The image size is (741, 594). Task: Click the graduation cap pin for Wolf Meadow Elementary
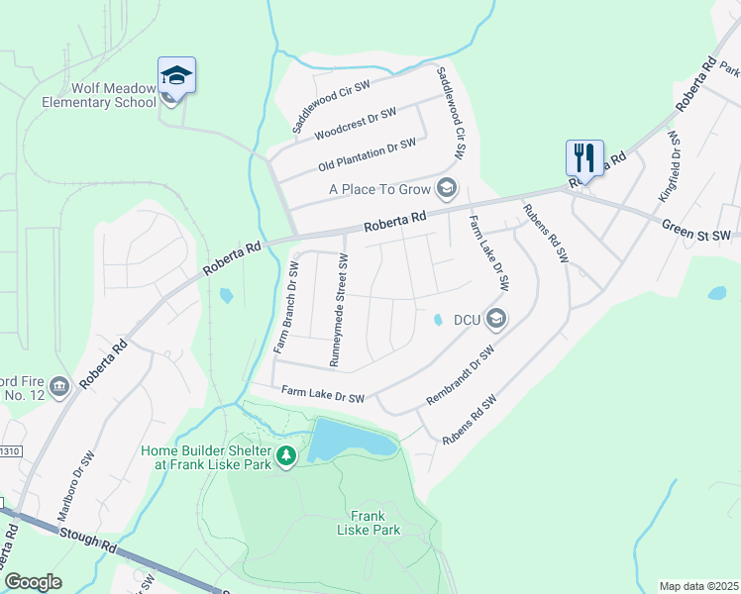pyautogui.click(x=176, y=76)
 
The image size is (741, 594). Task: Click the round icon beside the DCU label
pyautogui.click(x=496, y=319)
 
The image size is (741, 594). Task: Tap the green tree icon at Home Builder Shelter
pyautogui.click(x=286, y=455)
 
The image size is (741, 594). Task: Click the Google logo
pyautogui.click(x=33, y=582)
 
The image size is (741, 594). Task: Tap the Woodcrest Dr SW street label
pyautogui.click(x=355, y=123)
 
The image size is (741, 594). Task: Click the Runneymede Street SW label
pyautogui.click(x=339, y=310)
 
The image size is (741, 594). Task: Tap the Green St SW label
pyautogui.click(x=695, y=230)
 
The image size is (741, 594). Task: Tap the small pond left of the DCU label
pyautogui.click(x=437, y=319)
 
